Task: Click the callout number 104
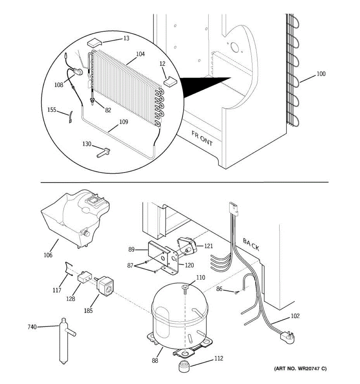click(140, 54)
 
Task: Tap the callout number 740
click(32, 327)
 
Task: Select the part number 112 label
click(219, 358)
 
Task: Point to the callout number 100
click(321, 74)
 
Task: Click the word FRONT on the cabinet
click(202, 138)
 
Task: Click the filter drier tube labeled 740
click(64, 341)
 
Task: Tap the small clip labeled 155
click(70, 117)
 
